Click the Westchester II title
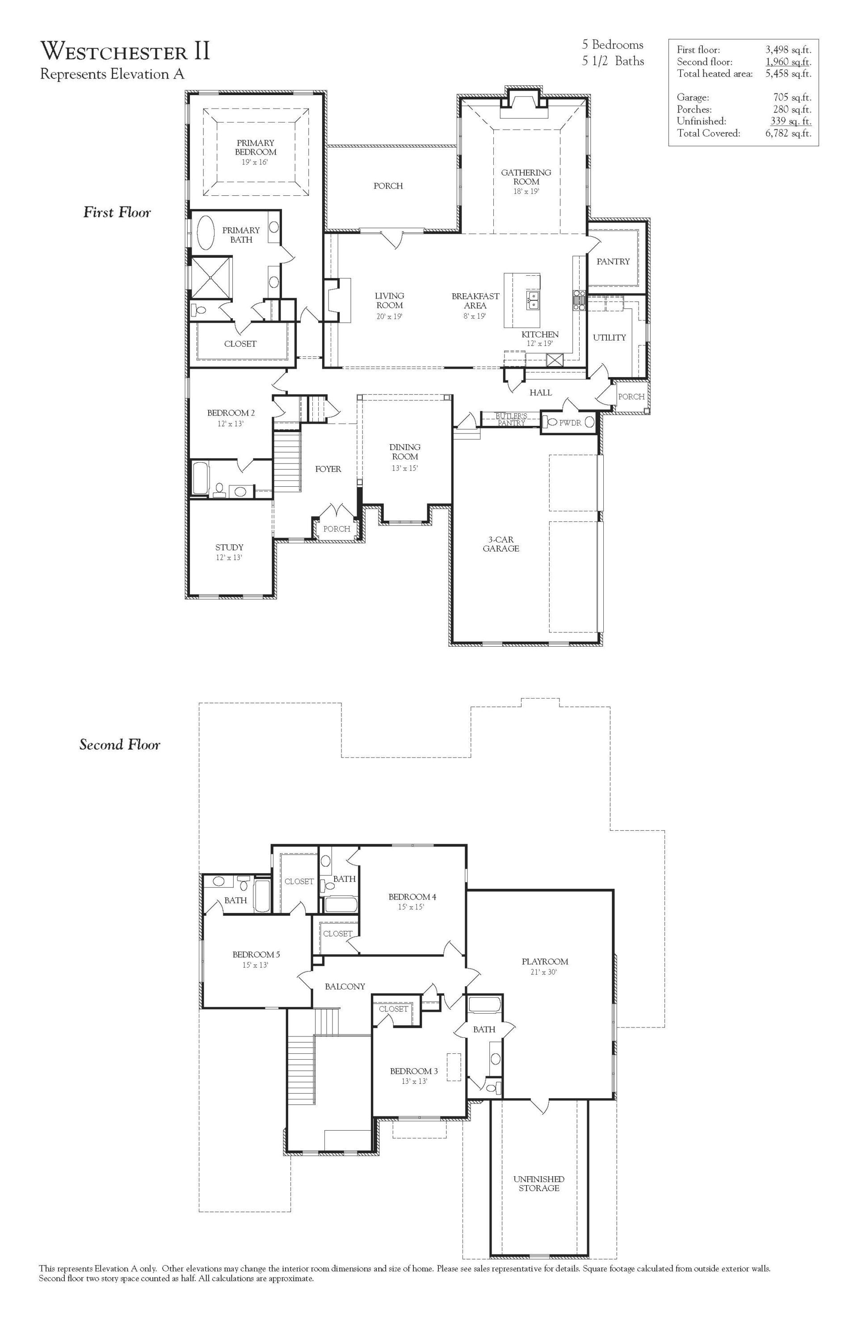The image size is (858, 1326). tap(126, 51)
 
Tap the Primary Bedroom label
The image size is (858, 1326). tap(255, 147)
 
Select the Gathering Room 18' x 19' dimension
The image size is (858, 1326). tap(526, 191)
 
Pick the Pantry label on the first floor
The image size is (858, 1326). tap(613, 261)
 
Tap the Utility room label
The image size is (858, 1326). tap(609, 337)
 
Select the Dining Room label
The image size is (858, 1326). tap(404, 452)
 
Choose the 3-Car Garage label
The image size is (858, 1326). tap(501, 544)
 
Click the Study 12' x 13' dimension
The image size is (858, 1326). tap(229, 557)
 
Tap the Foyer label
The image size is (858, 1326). tap(328, 469)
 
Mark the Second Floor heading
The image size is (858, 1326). tap(120, 745)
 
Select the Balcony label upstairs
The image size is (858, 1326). tap(345, 987)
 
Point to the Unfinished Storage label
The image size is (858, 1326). tap(539, 1183)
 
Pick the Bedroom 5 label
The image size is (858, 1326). tap(257, 954)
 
